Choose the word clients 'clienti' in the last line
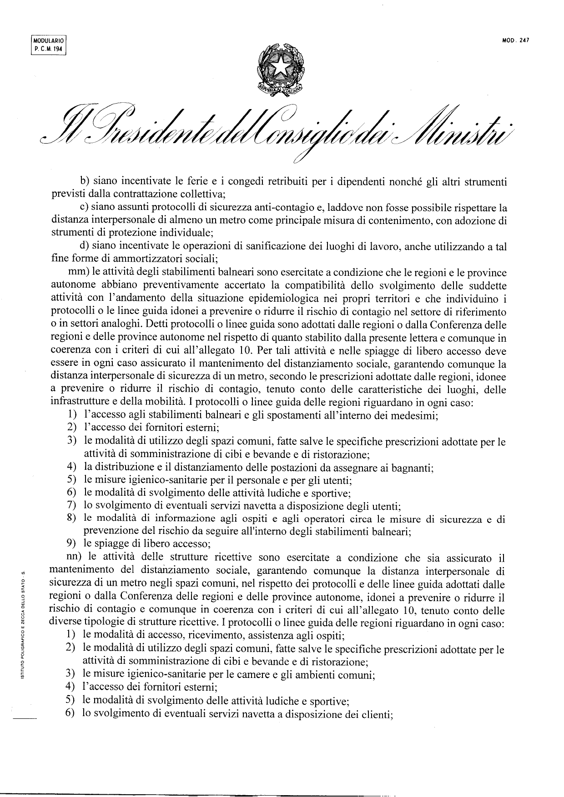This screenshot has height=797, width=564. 376,714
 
